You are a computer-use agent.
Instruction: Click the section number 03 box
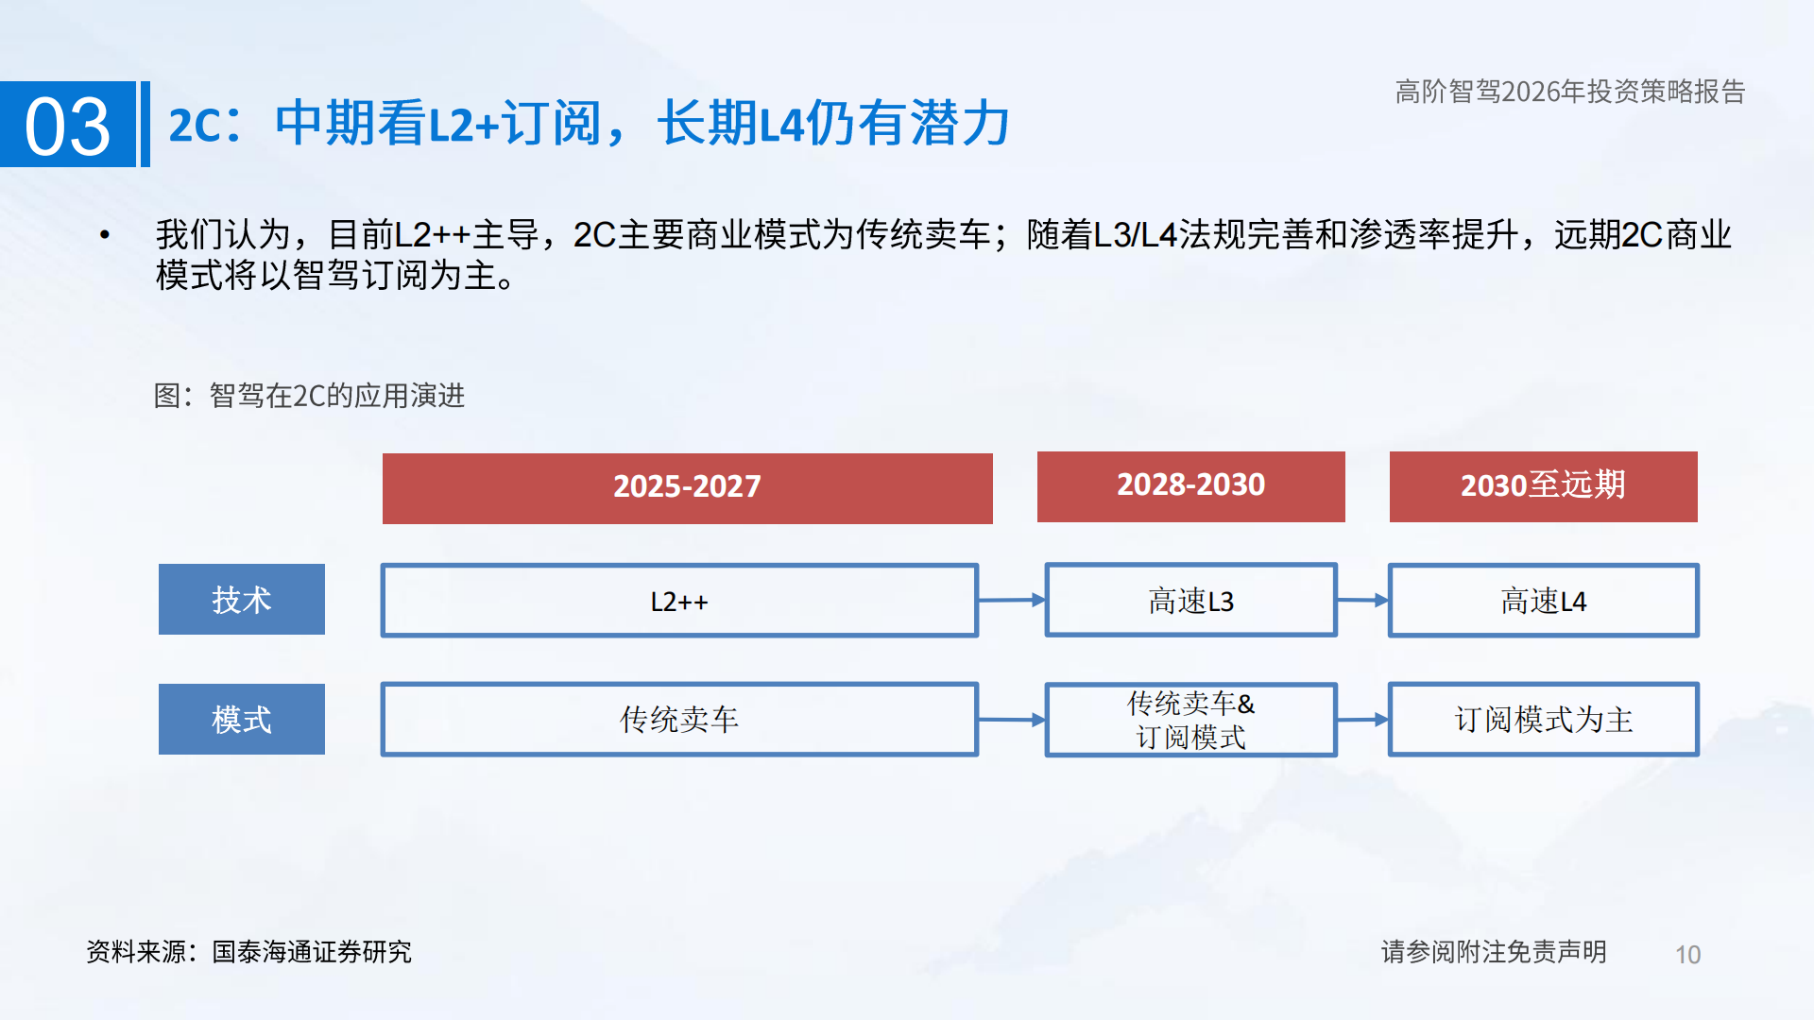68,125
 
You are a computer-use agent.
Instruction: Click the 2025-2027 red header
687,487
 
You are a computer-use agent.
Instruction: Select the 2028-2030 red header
1190,486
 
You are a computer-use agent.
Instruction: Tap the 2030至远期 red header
1543,486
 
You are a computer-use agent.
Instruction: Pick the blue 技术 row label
242,600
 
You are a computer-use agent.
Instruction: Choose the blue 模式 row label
242,720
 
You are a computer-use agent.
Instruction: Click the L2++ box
679,601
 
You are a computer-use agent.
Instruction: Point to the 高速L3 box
1190,601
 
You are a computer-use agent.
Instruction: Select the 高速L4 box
1543,601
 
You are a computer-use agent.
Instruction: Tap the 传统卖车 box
679,720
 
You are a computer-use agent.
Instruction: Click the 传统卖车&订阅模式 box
1190,720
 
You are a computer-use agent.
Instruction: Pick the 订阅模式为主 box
1543,720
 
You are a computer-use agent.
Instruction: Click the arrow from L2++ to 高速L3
1012,600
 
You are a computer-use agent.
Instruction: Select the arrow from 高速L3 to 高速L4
1362,600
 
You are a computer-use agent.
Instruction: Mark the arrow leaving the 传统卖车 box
1012,720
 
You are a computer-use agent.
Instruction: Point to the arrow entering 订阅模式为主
1362,720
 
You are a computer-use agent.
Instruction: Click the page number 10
1687,955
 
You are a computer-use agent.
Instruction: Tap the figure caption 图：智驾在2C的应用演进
309,396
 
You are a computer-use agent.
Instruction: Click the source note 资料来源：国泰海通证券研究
248,952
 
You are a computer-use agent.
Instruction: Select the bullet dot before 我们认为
105,234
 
